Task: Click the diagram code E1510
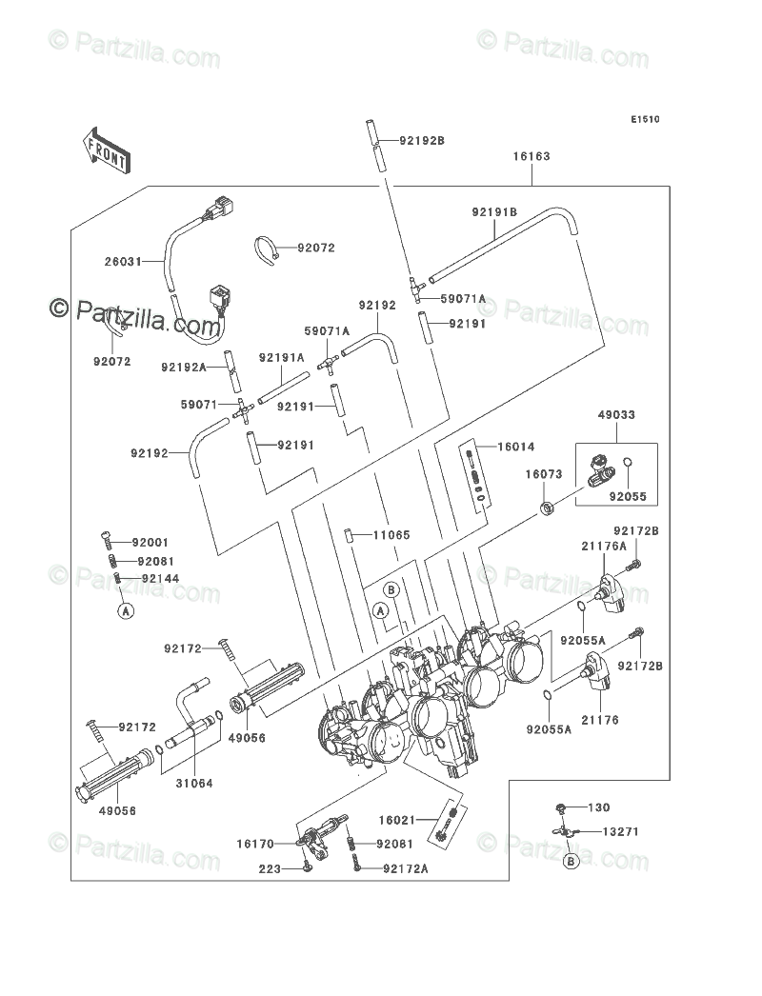[645, 119]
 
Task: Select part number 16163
[531, 156]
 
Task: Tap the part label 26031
[123, 261]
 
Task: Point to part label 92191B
[494, 212]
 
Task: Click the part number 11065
[391, 535]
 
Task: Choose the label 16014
[516, 448]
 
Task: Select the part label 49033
[616, 415]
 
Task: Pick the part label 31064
[194, 784]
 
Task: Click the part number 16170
[255, 845]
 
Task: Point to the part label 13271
[620, 832]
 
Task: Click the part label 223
[271, 869]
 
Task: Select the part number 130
[599, 808]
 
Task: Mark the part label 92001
[150, 543]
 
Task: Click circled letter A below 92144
[127, 611]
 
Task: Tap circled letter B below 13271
[571, 862]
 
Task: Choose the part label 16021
[396, 821]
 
